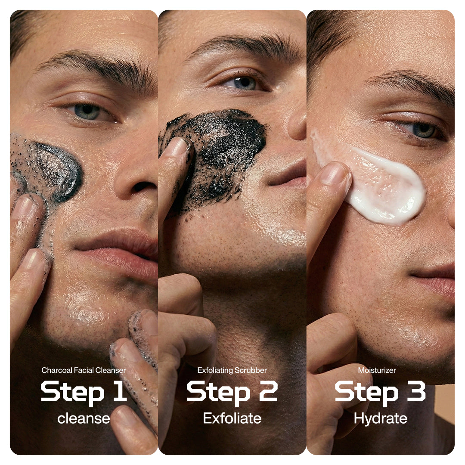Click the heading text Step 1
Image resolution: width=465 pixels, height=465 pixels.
click(x=84, y=391)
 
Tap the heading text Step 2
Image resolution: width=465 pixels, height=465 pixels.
click(x=232, y=391)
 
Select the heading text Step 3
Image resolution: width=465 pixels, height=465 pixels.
click(x=380, y=391)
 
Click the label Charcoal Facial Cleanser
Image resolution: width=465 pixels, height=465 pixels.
click(x=84, y=370)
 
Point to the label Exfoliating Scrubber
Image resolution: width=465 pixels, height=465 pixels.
click(x=232, y=370)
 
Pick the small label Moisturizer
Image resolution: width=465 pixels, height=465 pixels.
click(x=377, y=370)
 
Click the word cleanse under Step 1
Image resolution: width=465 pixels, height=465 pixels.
click(x=84, y=418)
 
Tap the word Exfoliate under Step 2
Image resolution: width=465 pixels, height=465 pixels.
click(x=232, y=418)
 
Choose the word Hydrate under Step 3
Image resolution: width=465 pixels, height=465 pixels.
click(x=380, y=418)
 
